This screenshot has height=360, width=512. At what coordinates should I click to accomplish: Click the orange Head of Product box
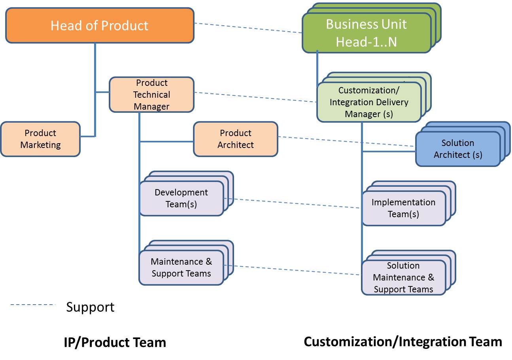point(100,25)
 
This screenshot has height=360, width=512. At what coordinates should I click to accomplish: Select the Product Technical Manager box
point(151,95)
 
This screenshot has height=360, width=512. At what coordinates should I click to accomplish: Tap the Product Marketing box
point(40,139)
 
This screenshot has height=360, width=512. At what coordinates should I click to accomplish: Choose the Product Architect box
point(236,139)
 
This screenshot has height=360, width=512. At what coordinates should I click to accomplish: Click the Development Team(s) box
point(181,198)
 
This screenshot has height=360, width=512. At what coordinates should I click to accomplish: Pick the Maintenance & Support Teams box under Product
point(181,267)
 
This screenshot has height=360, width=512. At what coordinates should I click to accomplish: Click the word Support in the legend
point(90,307)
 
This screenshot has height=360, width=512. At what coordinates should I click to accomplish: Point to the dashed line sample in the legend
point(33,305)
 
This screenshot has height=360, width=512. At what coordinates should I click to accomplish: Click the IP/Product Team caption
point(115,342)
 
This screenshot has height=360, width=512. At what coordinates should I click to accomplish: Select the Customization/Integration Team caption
point(403,342)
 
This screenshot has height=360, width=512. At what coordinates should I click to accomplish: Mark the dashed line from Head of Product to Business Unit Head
point(248,28)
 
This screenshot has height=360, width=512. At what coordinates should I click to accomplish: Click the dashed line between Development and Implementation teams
point(292,203)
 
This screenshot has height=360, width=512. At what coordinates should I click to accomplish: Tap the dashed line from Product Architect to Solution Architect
point(347,141)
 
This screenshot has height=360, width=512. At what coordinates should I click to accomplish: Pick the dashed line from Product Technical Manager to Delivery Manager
point(255,97)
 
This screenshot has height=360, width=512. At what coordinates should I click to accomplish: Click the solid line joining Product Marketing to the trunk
point(88,136)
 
